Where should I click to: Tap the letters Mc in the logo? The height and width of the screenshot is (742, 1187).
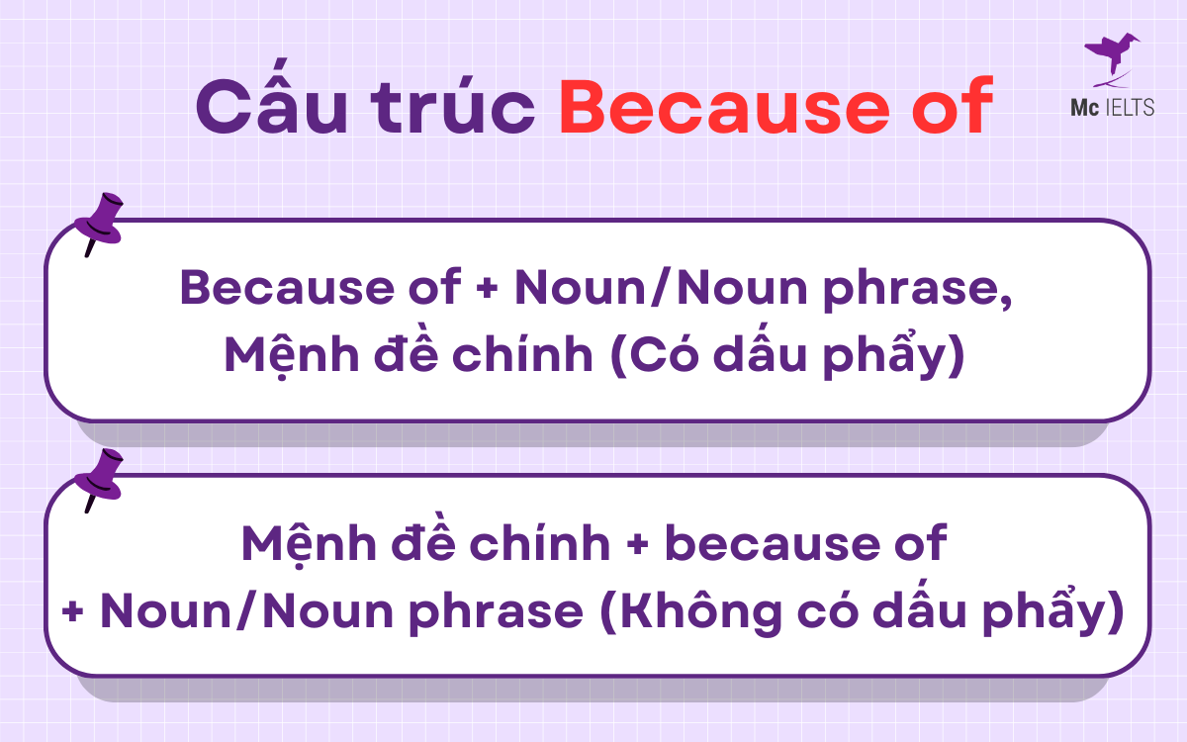[1081, 108]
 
